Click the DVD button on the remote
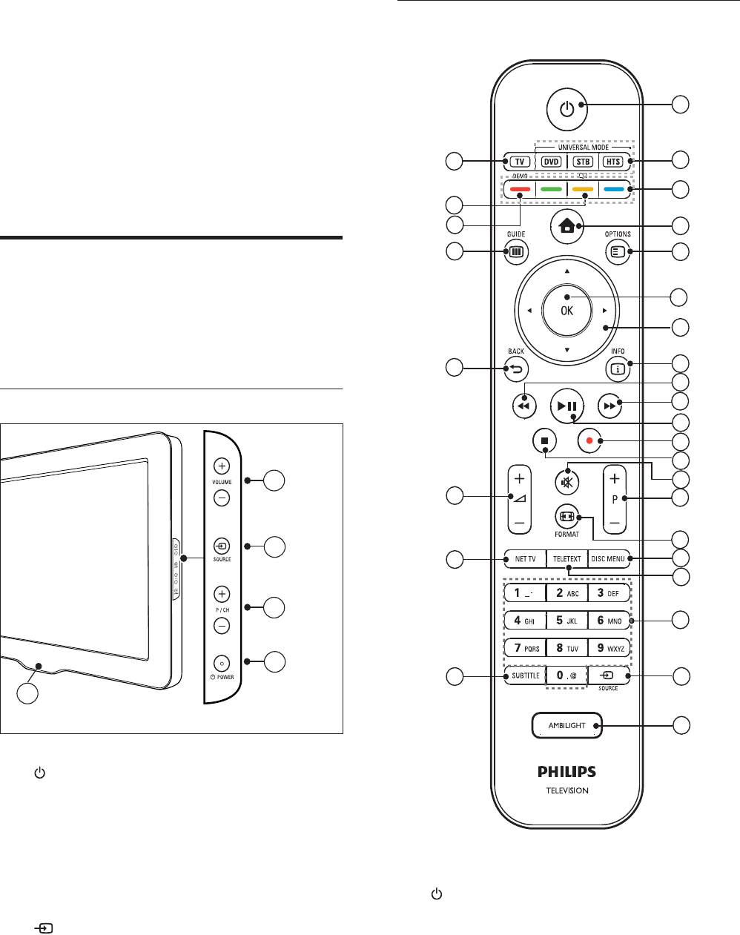coord(550,162)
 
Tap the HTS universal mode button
coord(612,162)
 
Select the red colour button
coord(520,189)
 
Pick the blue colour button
coord(613,189)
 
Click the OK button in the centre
coord(566,311)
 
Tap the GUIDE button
coord(515,251)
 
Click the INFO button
coord(617,366)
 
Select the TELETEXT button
coord(567,559)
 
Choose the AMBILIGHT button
coord(567,725)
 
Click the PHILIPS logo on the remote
coord(567,772)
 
